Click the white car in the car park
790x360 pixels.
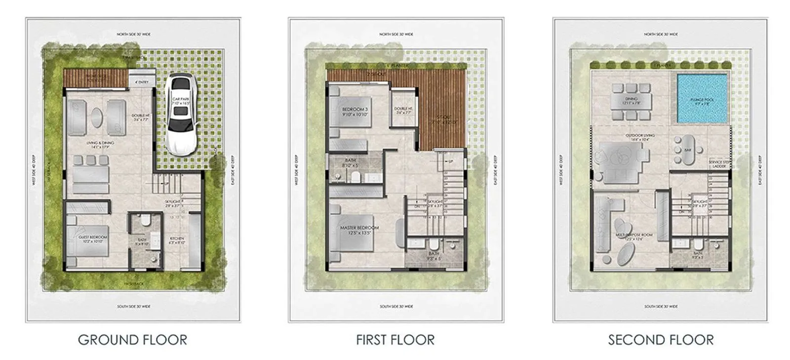tap(181, 113)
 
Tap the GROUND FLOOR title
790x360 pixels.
tap(132, 340)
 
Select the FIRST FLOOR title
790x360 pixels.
tap(395, 340)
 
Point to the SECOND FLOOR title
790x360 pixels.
tap(661, 340)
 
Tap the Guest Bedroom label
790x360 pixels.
tap(93, 238)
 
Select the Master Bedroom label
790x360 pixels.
tap(359, 228)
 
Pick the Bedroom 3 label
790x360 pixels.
tap(355, 109)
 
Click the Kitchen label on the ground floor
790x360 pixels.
tap(177, 239)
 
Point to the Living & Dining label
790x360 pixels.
tap(100, 143)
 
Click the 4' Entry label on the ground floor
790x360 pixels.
tap(142, 82)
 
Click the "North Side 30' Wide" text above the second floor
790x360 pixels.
tap(661, 35)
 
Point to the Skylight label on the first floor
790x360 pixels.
tap(434, 202)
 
